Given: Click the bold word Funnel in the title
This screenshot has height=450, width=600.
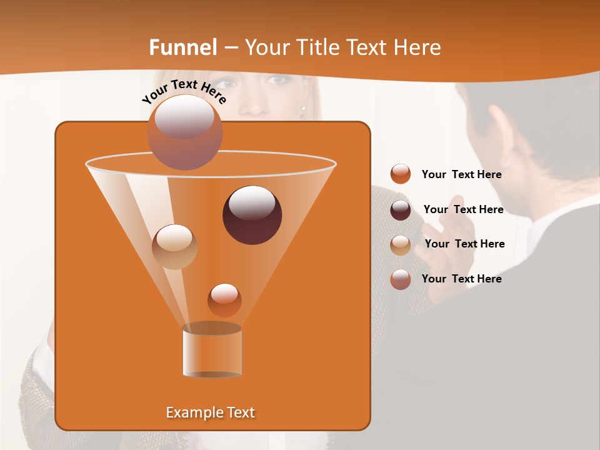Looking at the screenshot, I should [x=183, y=47].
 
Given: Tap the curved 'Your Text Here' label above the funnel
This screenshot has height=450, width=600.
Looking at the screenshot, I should [x=184, y=91].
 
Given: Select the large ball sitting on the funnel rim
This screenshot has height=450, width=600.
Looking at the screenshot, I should [x=184, y=132].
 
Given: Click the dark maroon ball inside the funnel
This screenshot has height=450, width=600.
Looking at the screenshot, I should [x=252, y=215].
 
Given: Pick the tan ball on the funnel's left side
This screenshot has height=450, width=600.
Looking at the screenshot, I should [x=174, y=247].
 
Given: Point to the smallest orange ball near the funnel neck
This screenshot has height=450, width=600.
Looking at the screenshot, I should [x=224, y=300].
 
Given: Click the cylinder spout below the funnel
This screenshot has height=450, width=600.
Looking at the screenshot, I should [x=212, y=351].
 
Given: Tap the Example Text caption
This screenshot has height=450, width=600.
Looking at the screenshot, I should [x=210, y=412].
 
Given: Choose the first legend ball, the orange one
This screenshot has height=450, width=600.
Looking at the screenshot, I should [x=401, y=174].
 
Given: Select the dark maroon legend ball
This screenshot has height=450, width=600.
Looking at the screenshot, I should [x=401, y=210].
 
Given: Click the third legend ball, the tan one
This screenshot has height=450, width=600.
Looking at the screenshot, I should [x=401, y=245].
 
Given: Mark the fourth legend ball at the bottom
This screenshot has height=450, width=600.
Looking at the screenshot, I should [x=401, y=279].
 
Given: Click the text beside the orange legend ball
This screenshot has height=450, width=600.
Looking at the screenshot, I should [x=461, y=174].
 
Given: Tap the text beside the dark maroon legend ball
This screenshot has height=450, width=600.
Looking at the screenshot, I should [x=463, y=209].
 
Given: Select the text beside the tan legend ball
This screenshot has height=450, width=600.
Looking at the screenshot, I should [x=464, y=244].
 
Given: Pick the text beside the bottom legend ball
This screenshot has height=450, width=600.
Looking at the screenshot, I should [x=461, y=279].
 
